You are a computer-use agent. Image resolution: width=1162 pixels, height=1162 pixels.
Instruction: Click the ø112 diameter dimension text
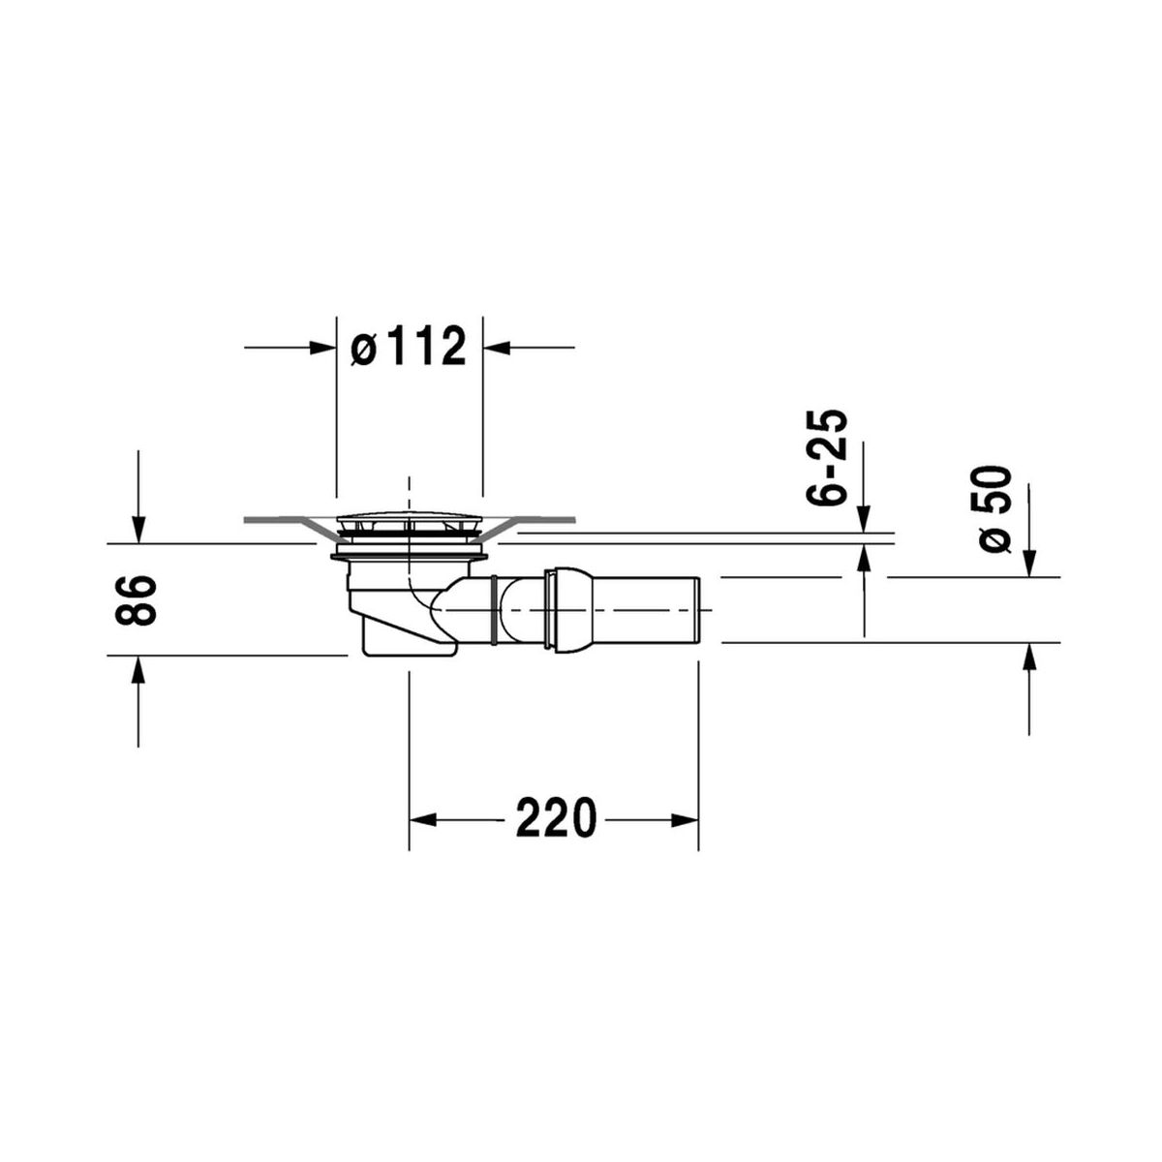pyautogui.click(x=409, y=346)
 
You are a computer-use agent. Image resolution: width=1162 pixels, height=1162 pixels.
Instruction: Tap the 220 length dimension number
pyautogui.click(x=556, y=818)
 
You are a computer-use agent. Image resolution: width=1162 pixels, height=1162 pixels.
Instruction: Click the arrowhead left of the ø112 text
pyautogui.click(x=322, y=348)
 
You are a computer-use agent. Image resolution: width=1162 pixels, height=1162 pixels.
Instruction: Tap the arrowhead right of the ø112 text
pyautogui.click(x=497, y=348)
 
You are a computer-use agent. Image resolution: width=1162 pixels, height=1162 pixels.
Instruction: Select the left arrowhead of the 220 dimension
pyautogui.click(x=423, y=820)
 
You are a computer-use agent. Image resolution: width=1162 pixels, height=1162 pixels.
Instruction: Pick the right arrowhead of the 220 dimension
pyautogui.click(x=685, y=820)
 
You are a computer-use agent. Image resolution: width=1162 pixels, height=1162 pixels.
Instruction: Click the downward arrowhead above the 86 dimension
pyautogui.click(x=138, y=530)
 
